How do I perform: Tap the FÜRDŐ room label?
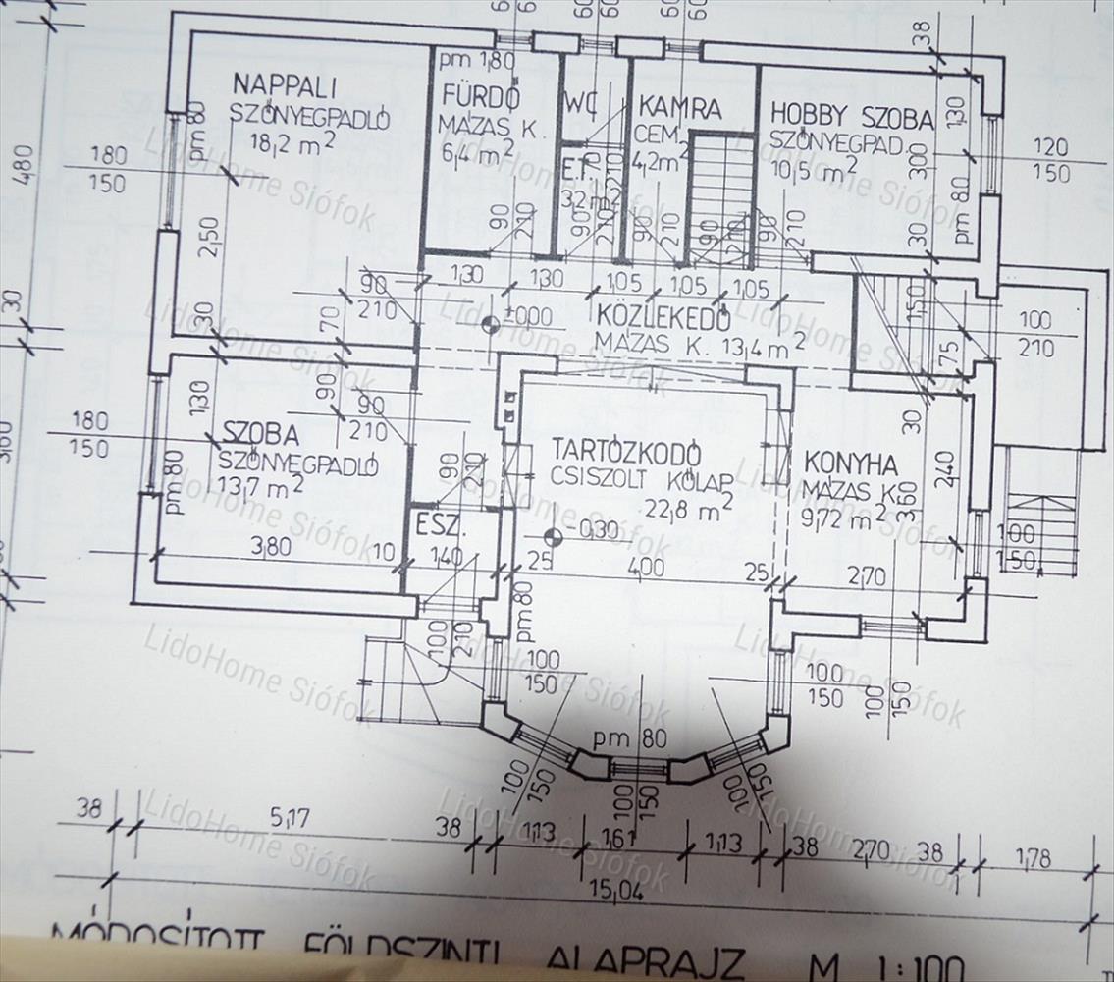[x=480, y=98]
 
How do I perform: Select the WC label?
[x=581, y=102]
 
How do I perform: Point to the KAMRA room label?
[x=680, y=107]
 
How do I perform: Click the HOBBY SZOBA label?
[x=851, y=117]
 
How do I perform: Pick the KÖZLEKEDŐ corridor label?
[x=663, y=317]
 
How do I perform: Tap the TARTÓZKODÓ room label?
[x=626, y=451]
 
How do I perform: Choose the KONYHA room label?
[x=850, y=464]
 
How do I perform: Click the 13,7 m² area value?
[x=259, y=485]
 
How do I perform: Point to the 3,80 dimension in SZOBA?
[x=271, y=546]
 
